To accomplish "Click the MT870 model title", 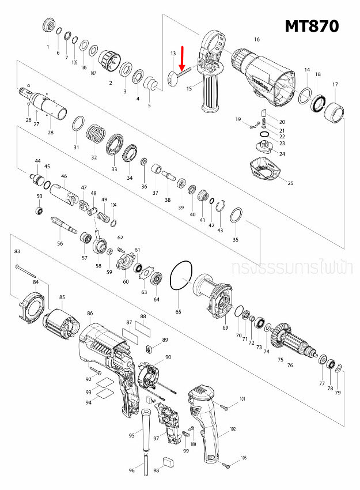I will tap(312, 27).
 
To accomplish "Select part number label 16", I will tap(257, 39).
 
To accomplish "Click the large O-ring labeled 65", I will tap(183, 277).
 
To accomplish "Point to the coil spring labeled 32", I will tap(96, 137).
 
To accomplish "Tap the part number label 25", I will tap(290, 183).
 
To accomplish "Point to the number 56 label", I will tap(60, 243).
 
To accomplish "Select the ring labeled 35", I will tap(235, 217).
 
